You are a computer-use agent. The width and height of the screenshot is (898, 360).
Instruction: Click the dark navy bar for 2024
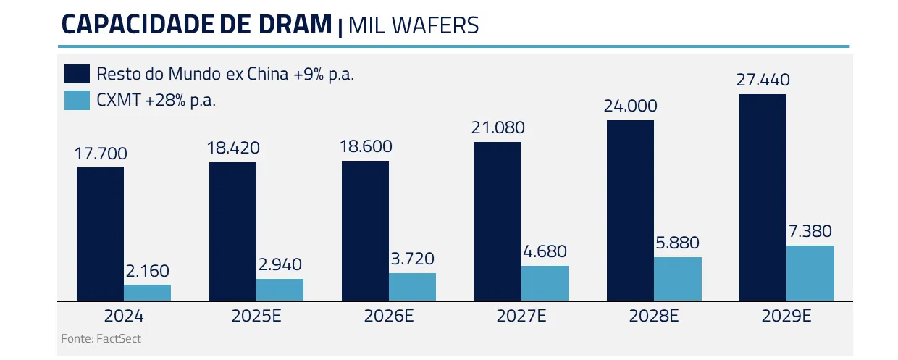(100, 233)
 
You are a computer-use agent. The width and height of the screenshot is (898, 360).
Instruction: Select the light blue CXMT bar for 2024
(147, 293)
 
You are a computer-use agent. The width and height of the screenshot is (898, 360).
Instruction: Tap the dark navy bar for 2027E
(498, 221)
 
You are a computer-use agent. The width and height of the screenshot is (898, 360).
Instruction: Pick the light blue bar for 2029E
(810, 273)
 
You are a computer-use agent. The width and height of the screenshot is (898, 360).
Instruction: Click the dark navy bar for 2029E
(763, 197)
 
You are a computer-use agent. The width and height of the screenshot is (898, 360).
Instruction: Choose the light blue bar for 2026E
(412, 287)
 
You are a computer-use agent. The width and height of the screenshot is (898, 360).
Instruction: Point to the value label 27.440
(763, 80)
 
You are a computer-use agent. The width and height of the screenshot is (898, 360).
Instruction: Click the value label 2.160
(147, 272)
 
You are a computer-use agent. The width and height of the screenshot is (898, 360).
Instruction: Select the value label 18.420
(232, 148)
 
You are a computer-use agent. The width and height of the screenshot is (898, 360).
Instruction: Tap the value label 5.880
(677, 243)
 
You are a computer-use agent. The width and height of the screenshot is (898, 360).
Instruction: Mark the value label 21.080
(498, 128)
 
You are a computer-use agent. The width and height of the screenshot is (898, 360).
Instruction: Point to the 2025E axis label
(256, 317)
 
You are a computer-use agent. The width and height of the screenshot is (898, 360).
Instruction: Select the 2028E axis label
(653, 317)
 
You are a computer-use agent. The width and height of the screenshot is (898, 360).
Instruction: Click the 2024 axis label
(124, 317)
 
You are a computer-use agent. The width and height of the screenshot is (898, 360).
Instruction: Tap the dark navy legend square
(77, 74)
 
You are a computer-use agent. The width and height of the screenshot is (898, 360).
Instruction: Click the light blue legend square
(77, 101)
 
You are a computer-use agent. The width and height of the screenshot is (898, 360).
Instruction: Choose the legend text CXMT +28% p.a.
(156, 101)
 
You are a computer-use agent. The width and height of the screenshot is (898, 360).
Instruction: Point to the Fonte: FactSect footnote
(101, 338)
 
